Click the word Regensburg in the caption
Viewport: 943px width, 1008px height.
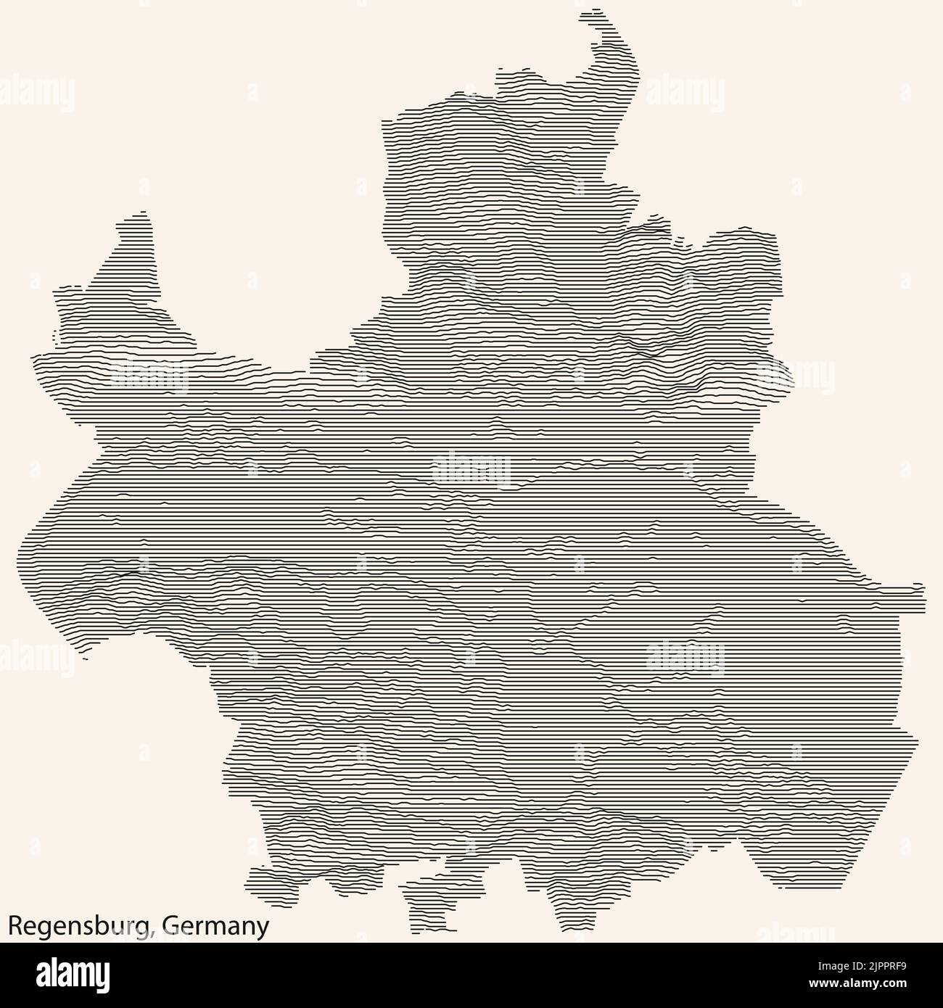80,926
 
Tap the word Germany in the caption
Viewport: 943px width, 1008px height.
215,926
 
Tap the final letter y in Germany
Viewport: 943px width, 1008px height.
263,928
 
